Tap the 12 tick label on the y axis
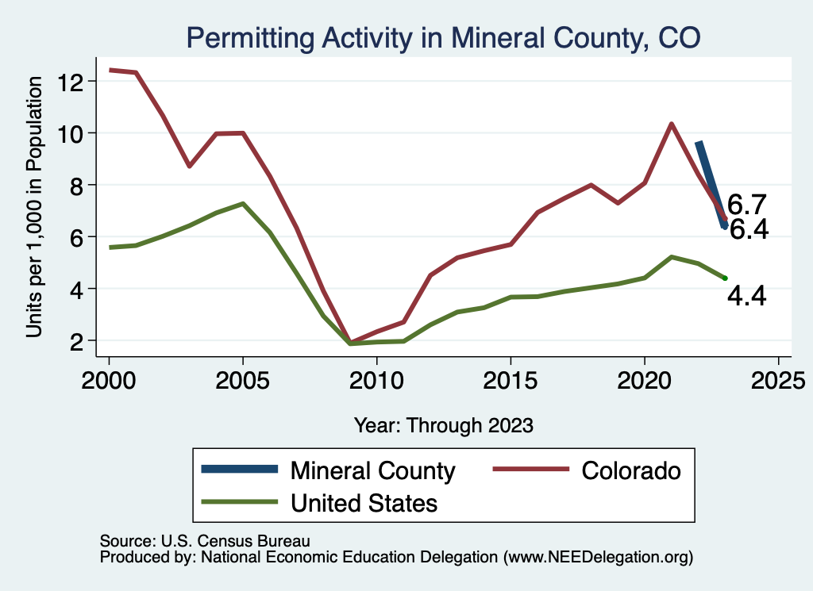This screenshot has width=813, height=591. click(73, 81)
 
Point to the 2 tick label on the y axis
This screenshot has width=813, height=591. click(78, 341)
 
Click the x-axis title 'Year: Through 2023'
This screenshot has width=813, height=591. click(443, 425)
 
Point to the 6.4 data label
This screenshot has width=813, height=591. click(749, 230)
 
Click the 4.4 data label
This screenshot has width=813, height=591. click(747, 297)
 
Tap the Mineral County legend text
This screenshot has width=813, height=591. click(372, 470)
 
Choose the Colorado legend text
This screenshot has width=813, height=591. click(631, 470)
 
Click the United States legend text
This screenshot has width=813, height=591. click(364, 502)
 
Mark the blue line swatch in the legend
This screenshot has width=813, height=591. click(241, 470)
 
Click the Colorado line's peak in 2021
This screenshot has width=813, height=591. click(672, 124)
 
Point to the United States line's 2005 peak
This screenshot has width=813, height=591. click(243, 203)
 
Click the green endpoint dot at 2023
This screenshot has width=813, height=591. click(725, 278)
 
